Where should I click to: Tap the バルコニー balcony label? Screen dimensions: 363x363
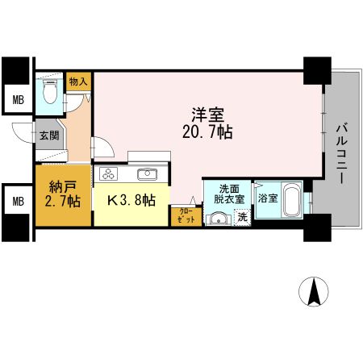pyautogui.click(x=340, y=153)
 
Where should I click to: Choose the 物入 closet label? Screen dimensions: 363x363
pyautogui.click(x=78, y=81)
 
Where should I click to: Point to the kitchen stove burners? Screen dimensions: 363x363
pyautogui.click(x=109, y=174)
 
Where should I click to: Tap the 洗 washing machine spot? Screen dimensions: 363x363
pyautogui.click(x=240, y=216)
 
